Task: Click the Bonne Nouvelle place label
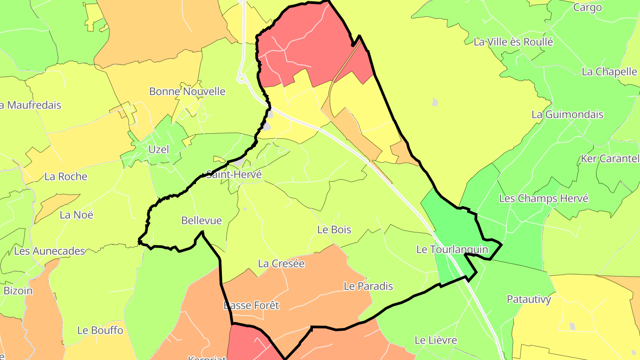[187, 92]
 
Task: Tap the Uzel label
[159, 149]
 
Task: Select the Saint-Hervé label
[234, 175]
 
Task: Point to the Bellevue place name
[201, 220]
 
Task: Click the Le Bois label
[334, 230]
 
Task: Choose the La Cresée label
[281, 264]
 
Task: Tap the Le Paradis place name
[368, 286]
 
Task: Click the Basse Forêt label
[251, 305]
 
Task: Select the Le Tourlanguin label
[452, 249]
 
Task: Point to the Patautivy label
[529, 300]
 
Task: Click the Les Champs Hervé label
[544, 198]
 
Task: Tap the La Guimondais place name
[567, 114]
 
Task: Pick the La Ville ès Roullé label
[513, 42]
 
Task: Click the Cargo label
[587, 7]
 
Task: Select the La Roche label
[66, 176]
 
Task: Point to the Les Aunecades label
[49, 251]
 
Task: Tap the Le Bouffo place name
[100, 330]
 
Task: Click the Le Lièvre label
[436, 340]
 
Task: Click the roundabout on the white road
[242, 79]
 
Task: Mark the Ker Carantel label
[610, 159]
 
